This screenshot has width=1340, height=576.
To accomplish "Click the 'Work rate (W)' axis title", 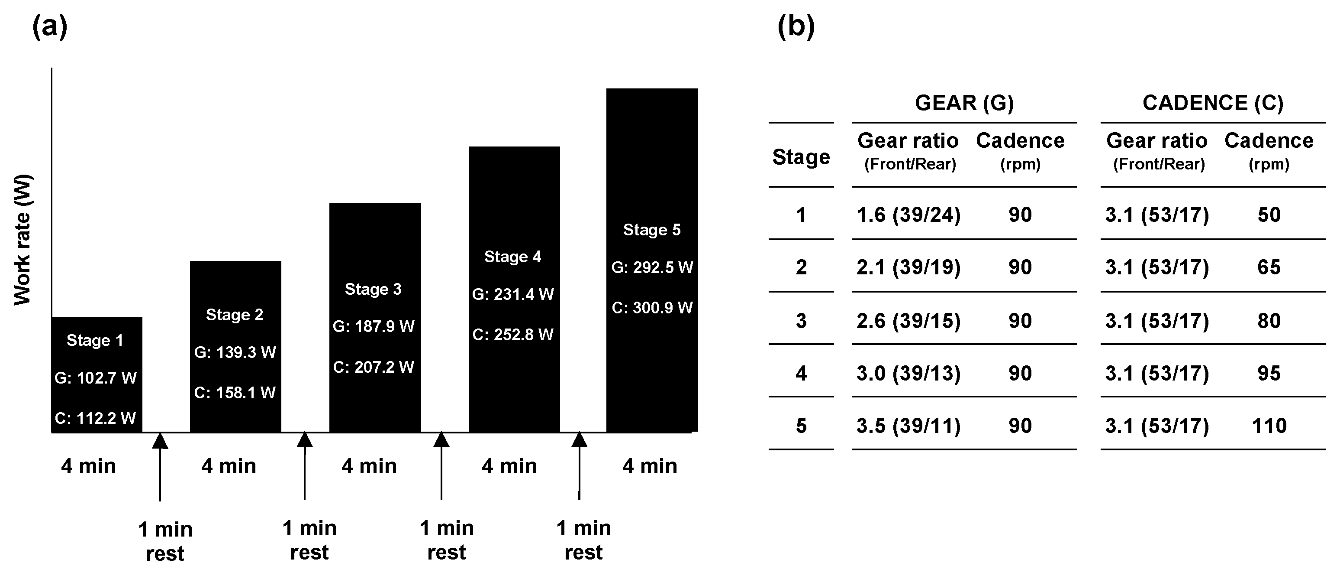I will [x=23, y=240].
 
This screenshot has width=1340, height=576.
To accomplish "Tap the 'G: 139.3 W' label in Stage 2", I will [x=235, y=353].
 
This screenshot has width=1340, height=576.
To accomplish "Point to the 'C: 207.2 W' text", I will [x=374, y=367].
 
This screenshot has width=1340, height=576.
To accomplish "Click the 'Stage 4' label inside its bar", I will [x=513, y=257].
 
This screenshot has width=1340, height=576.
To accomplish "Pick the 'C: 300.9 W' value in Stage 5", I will [x=652, y=308].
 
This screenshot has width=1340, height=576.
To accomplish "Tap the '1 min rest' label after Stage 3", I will [x=447, y=540].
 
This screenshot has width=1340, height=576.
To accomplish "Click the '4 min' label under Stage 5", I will [x=650, y=466].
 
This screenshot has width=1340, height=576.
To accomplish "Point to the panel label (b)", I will [x=796, y=26].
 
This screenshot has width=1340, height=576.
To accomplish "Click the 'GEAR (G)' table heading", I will [x=964, y=103].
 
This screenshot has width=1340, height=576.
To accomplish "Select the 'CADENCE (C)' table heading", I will [x=1213, y=103].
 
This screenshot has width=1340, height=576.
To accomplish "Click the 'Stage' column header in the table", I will [x=801, y=157].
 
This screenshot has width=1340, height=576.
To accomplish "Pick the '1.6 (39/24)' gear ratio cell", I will [x=908, y=215].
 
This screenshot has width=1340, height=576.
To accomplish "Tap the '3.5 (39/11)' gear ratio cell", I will [x=908, y=426].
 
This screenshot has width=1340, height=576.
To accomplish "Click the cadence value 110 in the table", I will [x=1269, y=426].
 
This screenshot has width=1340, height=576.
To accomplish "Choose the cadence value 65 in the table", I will [x=1269, y=267].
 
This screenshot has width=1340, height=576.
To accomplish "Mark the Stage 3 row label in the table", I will [x=801, y=321].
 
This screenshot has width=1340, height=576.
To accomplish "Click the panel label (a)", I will [x=50, y=26].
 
